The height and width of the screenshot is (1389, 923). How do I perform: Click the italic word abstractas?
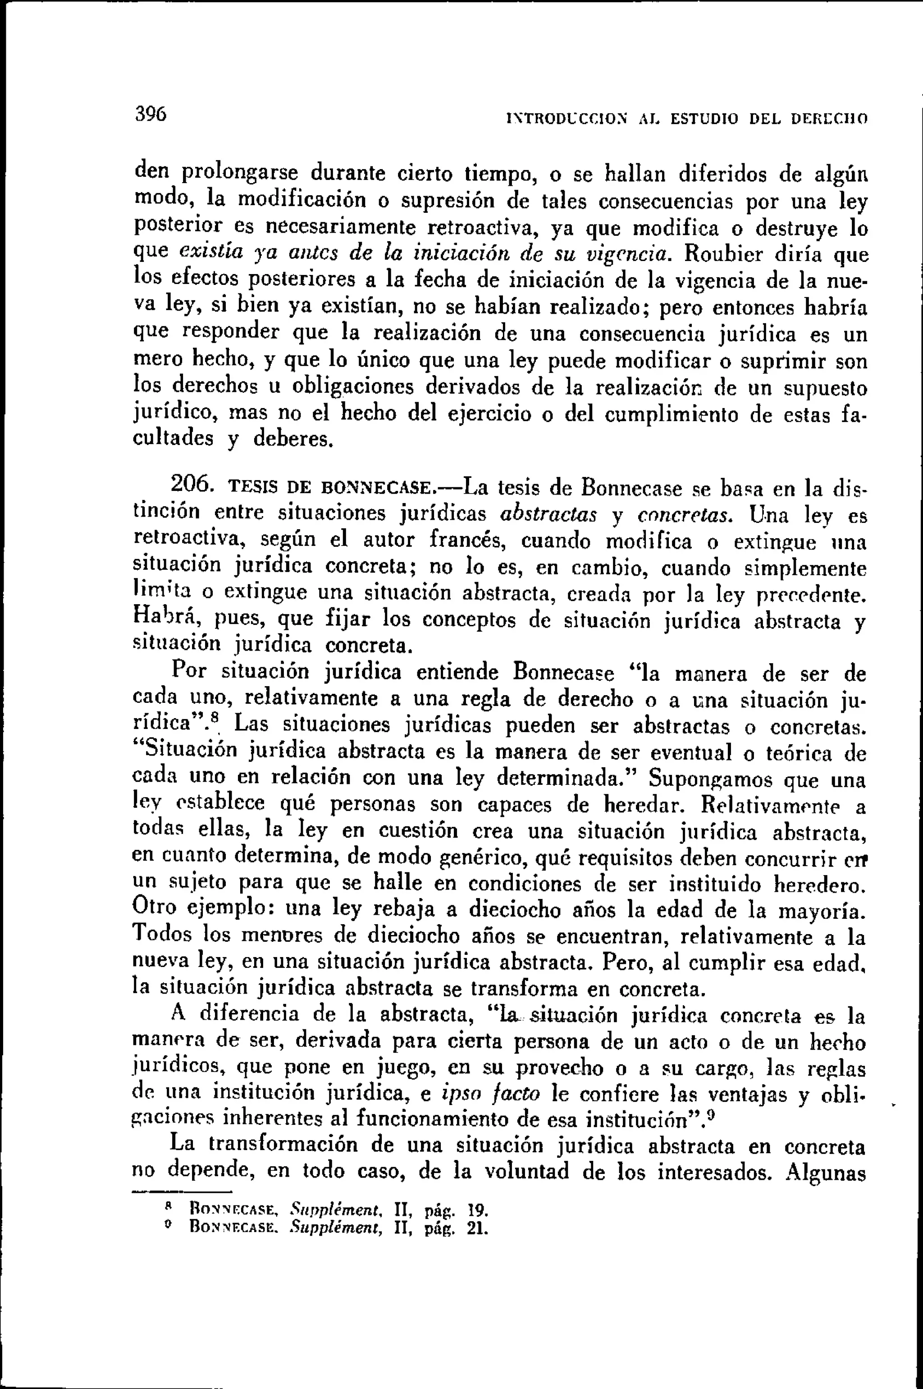(548, 514)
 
